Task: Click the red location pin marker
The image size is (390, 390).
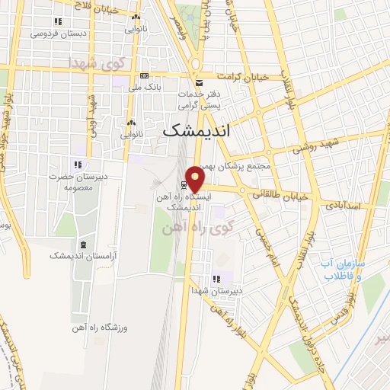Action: tap(196, 178)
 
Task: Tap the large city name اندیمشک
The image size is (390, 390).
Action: tap(197, 131)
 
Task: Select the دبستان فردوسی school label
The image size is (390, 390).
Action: tap(59, 34)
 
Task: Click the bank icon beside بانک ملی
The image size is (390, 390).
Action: tap(145, 75)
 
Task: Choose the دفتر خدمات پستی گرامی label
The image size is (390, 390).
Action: tap(199, 98)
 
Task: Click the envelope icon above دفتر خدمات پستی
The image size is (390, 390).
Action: tap(199, 82)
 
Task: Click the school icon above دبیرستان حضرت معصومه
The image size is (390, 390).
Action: tap(77, 164)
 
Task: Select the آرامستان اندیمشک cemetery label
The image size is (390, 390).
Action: tap(81, 256)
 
